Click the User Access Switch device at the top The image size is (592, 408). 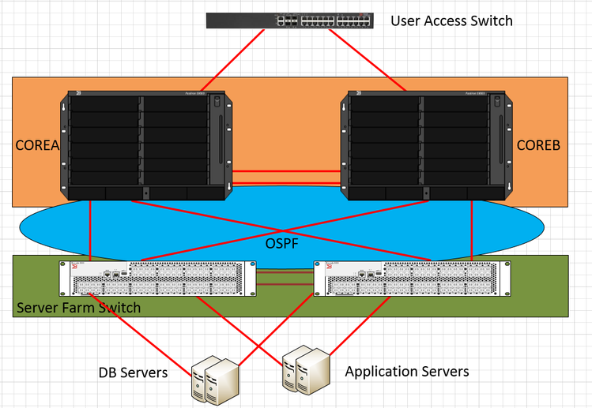[x=289, y=21]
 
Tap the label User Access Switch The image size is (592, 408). [x=451, y=21]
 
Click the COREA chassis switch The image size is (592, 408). [x=147, y=145]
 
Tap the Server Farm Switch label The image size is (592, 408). [x=78, y=307]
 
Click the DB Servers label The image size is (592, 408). [x=133, y=372]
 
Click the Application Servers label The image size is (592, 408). [x=407, y=371]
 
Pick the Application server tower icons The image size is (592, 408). [x=304, y=368]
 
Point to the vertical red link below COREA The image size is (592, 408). [x=91, y=229]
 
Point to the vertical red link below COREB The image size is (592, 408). [x=472, y=229]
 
